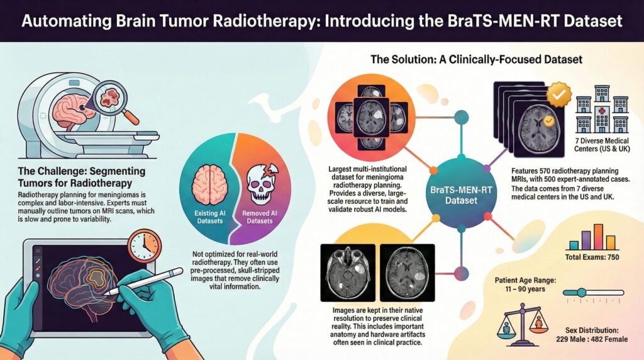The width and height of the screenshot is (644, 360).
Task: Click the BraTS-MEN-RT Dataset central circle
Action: [x=459, y=194]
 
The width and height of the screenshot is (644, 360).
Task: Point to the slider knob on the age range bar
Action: [x=582, y=292]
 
